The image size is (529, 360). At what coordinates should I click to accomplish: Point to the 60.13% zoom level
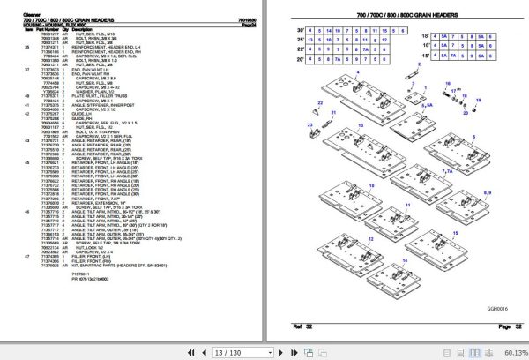click(x=512, y=351)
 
